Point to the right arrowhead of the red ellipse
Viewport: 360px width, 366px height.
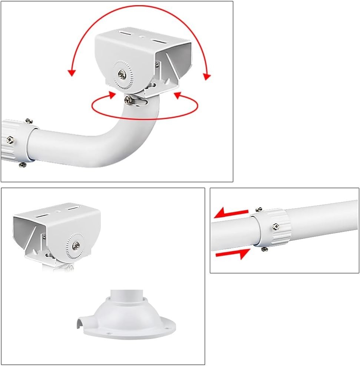pos(177,96)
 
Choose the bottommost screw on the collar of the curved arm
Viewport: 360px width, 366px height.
pos(23,164)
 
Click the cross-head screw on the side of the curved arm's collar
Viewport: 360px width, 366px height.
pos(10,140)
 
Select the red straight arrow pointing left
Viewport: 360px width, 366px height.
pos(231,213)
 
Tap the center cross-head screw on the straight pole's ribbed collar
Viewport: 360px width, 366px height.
pos(275,226)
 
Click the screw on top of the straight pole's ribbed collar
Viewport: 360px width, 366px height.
pos(259,210)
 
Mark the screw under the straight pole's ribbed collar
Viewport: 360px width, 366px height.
pos(264,249)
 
